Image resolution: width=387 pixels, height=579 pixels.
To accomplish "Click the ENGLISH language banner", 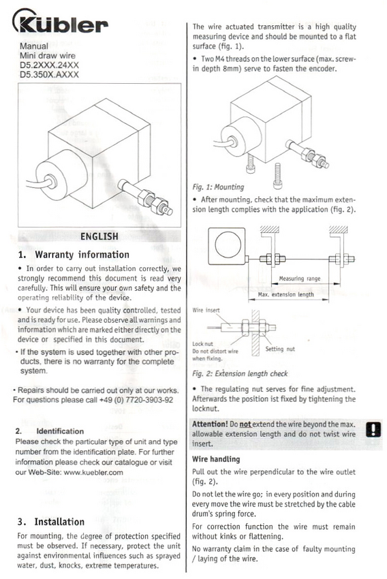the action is pyautogui.click(x=99, y=236).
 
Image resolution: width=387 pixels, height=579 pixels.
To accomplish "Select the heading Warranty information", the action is pyautogui.click(x=82, y=255).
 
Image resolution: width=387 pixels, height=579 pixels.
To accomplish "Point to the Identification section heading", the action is pyautogui.click(x=60, y=431).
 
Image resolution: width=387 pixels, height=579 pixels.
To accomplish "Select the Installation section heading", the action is pyautogui.click(x=59, y=522).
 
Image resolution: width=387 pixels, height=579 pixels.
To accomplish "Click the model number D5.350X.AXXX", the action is pyautogui.click(x=50, y=75).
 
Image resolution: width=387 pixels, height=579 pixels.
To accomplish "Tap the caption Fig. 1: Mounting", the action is pyautogui.click(x=218, y=187).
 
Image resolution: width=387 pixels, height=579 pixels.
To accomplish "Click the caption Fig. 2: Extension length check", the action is pyautogui.click(x=240, y=374).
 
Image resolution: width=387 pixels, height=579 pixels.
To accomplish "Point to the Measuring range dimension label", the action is pyautogui.click(x=300, y=279).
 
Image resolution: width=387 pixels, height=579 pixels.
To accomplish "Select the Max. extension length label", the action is pyautogui.click(x=285, y=295).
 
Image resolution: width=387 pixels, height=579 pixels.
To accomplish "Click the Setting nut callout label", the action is pyautogui.click(x=280, y=349).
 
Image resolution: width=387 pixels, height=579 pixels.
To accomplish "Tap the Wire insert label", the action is pyautogui.click(x=206, y=310).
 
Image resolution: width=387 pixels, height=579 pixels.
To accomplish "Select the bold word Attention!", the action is pyautogui.click(x=210, y=424).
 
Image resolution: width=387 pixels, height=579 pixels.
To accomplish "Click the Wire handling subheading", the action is pyautogui.click(x=216, y=459).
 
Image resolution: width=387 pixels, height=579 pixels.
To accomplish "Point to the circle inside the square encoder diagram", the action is pyautogui.click(x=228, y=245).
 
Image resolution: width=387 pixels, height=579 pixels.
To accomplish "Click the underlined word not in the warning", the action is pyautogui.click(x=245, y=424).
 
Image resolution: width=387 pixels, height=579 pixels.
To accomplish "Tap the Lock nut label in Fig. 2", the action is pyautogui.click(x=202, y=344).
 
